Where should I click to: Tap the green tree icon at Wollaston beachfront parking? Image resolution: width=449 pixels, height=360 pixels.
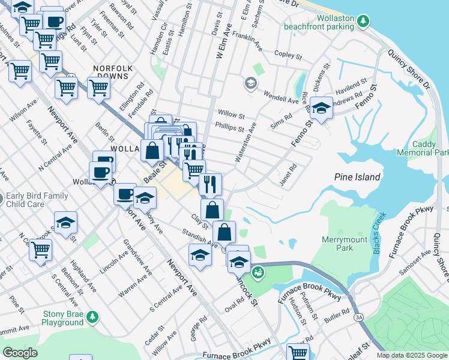pyautogui.click(x=363, y=22)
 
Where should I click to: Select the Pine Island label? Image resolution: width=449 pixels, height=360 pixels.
pyautogui.click(x=357, y=177)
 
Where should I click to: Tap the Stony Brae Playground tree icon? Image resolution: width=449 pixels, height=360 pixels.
pyautogui.click(x=92, y=316)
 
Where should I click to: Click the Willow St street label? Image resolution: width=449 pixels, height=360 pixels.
pyautogui.click(x=231, y=114)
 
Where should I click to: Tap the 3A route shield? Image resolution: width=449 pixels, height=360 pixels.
pyautogui.click(x=359, y=317)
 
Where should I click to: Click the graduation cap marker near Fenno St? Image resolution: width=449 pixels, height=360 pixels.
pyautogui.click(x=321, y=108)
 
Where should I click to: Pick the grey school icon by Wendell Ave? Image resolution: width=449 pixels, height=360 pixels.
pyautogui.click(x=250, y=83)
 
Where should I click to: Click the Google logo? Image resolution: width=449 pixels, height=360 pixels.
pyautogui.click(x=20, y=353)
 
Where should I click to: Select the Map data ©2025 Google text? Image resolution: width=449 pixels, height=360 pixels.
pyautogui.click(x=411, y=355)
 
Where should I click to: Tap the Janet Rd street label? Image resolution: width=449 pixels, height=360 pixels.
pyautogui.click(x=288, y=175)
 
